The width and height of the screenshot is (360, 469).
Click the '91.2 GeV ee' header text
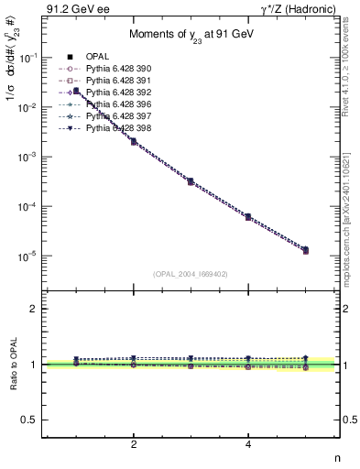pyautogui.click(x=74, y=10)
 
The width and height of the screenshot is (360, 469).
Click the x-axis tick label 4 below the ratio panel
pyautogui.click(x=248, y=444)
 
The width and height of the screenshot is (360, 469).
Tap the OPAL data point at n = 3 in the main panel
pyautogui.click(x=191, y=181)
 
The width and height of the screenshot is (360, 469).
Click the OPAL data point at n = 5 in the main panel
pyautogui.click(x=305, y=250)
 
